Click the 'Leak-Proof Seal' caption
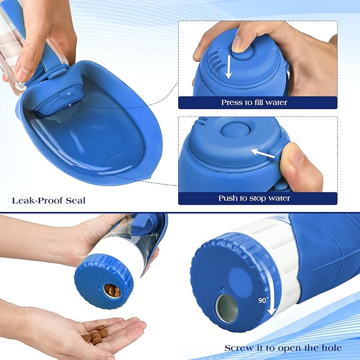(x=48, y=200)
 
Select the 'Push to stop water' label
(x=254, y=198)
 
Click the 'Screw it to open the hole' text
(x=283, y=348)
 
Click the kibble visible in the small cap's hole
(x=112, y=291)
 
